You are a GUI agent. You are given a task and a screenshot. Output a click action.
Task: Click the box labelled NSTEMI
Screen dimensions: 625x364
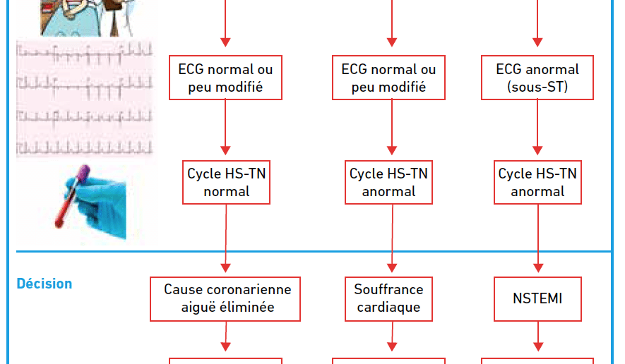point(537,298)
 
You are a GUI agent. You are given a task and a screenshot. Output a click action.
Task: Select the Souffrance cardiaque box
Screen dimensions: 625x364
point(388,298)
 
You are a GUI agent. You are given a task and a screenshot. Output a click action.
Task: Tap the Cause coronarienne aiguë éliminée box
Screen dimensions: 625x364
point(225,298)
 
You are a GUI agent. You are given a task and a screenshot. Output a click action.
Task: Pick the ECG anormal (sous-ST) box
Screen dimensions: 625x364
point(537,78)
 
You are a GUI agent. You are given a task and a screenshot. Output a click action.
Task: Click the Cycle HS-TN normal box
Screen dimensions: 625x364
point(227,183)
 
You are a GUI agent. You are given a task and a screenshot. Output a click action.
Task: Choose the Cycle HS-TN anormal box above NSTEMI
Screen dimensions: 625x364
point(537,183)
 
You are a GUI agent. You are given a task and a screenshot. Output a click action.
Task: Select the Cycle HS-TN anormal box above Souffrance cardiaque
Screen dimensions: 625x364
point(388,183)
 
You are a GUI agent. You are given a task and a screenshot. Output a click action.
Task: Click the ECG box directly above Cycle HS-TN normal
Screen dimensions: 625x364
point(225,78)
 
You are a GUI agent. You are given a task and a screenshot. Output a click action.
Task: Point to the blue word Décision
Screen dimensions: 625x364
point(44,284)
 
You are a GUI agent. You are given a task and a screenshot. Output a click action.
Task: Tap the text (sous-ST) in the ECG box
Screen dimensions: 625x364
point(537,87)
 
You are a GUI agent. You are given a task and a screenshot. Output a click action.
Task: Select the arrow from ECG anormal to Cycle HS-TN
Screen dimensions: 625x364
point(537,127)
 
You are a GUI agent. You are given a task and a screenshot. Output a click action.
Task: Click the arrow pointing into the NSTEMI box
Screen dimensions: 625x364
point(538,238)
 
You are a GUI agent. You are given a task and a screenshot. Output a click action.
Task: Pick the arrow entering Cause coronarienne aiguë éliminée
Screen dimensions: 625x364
point(225,238)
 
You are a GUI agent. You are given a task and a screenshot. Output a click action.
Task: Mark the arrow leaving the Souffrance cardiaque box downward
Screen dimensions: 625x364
point(392,336)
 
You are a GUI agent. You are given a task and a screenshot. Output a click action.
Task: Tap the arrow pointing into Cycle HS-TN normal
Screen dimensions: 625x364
point(225,127)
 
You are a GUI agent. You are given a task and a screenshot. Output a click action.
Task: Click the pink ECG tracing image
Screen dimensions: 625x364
point(85,98)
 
